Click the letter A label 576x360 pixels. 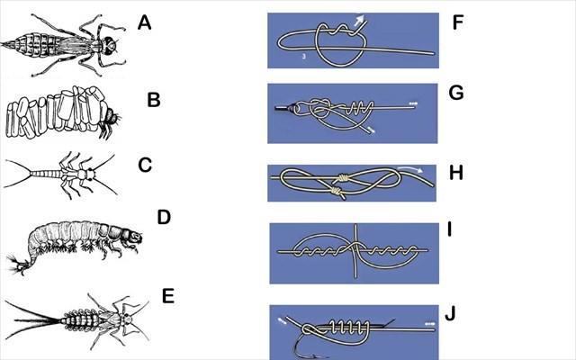pyautogui.click(x=145, y=22)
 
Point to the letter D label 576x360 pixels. pyautogui.click(x=164, y=218)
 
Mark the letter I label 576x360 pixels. pyautogui.click(x=453, y=232)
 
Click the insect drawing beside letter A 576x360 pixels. pyautogui.click(x=63, y=43)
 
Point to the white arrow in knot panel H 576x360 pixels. pyautogui.click(x=411, y=167)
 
